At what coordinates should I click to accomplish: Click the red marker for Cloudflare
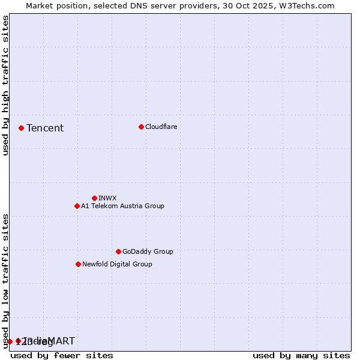pyautogui.click(x=141, y=127)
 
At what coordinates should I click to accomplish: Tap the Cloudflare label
pyautogui.click(x=161, y=127)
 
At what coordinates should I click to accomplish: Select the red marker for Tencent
pyautogui.click(x=21, y=128)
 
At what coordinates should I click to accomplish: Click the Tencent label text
pyautogui.click(x=45, y=128)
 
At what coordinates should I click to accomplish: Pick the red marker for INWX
pyautogui.click(x=94, y=198)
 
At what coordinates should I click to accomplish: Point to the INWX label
pyautogui.click(x=107, y=198)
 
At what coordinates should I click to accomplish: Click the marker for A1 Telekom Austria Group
pyautogui.click(x=77, y=206)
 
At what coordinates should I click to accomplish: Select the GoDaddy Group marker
pyautogui.click(x=118, y=251)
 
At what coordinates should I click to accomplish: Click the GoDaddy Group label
pyautogui.click(x=147, y=251)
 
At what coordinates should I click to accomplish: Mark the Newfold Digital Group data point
pyautogui.click(x=78, y=264)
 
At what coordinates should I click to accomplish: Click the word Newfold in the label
pyautogui.click(x=95, y=264)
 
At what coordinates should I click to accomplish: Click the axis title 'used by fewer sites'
pyautogui.click(x=62, y=355)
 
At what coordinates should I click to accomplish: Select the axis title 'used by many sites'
pyautogui.click(x=301, y=355)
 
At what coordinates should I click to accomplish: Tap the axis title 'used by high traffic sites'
pyautogui.click(x=5, y=85)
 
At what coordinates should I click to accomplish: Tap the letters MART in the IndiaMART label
pyautogui.click(x=62, y=341)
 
